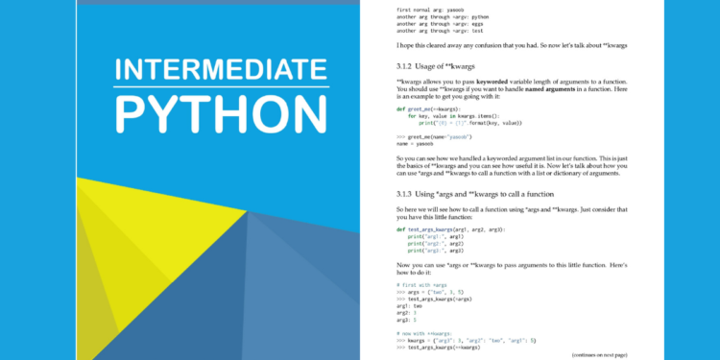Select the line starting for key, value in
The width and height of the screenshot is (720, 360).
tap(460, 116)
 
